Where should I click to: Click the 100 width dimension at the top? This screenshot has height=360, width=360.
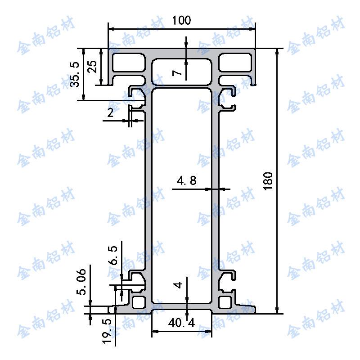click(181, 20)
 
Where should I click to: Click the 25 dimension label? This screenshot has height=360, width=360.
click(92, 67)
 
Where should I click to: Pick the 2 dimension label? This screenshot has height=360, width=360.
click(110, 113)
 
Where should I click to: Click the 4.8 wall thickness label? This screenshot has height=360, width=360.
click(187, 181)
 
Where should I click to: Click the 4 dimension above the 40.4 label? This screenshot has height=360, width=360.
click(179, 285)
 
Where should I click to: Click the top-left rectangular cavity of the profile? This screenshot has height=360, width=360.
click(129, 63)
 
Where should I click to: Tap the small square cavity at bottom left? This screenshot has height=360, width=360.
click(139, 301)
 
